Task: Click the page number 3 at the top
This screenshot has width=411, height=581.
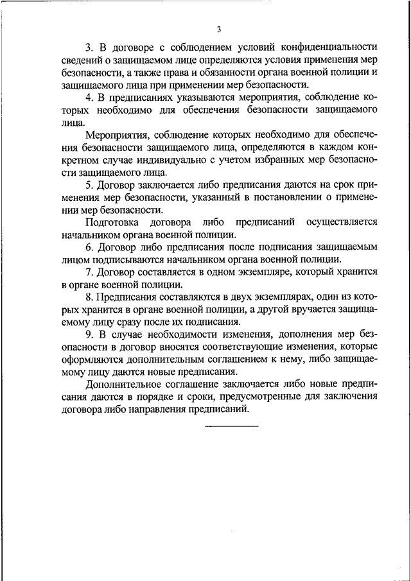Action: [x=218, y=29]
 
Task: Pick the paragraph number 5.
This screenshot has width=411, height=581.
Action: [x=89, y=185]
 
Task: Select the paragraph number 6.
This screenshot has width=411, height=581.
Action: [x=89, y=247]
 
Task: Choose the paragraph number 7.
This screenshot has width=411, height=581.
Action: [x=89, y=272]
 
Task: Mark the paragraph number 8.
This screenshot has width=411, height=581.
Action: [x=89, y=297]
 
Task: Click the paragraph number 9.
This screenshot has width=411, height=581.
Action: [x=89, y=334]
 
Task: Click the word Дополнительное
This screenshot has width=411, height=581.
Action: [x=122, y=384]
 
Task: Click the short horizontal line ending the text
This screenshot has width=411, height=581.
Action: [x=231, y=426]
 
